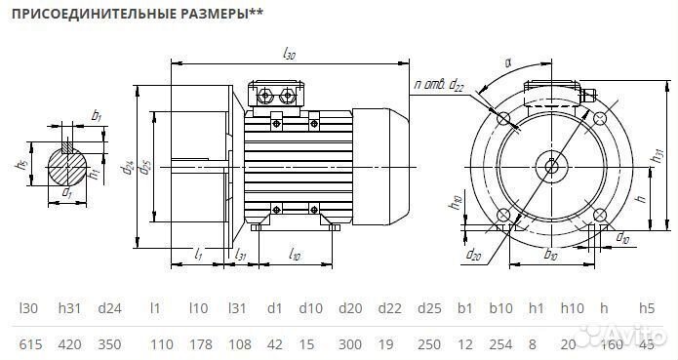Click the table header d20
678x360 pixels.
350,308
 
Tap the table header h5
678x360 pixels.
646,308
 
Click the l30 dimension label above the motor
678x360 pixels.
288,56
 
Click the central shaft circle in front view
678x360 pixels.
552,164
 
